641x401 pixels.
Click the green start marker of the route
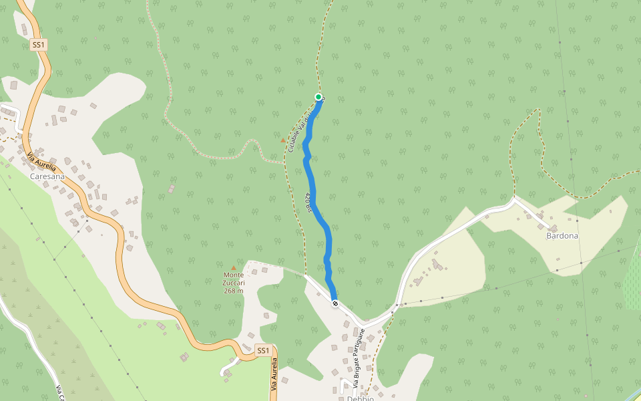pos(318,97)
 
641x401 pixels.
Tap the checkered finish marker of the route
pos(335,303)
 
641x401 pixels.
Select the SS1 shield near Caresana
pos(39,45)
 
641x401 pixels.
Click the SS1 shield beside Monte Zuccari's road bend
pos(263,350)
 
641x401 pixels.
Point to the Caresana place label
pos(47,176)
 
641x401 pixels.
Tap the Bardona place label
pos(562,236)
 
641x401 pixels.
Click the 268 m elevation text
pos(234,291)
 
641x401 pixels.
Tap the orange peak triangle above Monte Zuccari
pos(234,268)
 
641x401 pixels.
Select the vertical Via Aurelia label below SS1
pos(274,375)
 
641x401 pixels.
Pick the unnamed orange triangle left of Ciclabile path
pos(283,140)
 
